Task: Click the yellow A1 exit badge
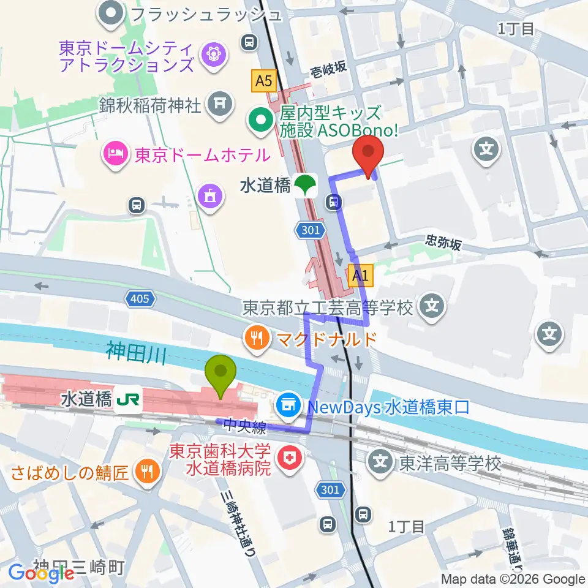[360, 276]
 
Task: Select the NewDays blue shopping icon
[287, 405]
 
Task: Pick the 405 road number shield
[138, 299]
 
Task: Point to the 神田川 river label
[136, 353]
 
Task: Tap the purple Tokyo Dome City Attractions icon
[214, 53]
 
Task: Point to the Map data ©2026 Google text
[513, 579]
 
